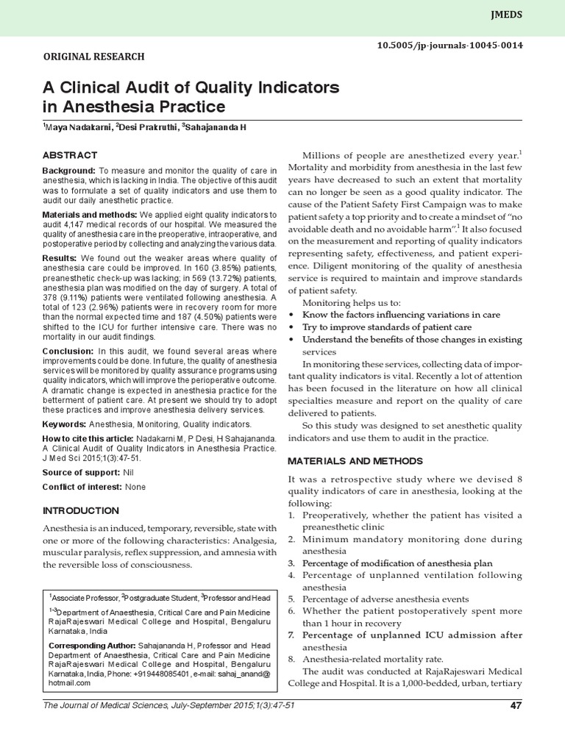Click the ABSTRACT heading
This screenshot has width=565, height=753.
pos(69,155)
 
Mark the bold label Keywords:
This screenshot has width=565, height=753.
pos(64,424)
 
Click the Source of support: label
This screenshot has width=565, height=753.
pos(81,472)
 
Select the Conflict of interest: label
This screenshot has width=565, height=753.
pos(82,487)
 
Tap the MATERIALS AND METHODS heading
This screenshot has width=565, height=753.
pos(355,460)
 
